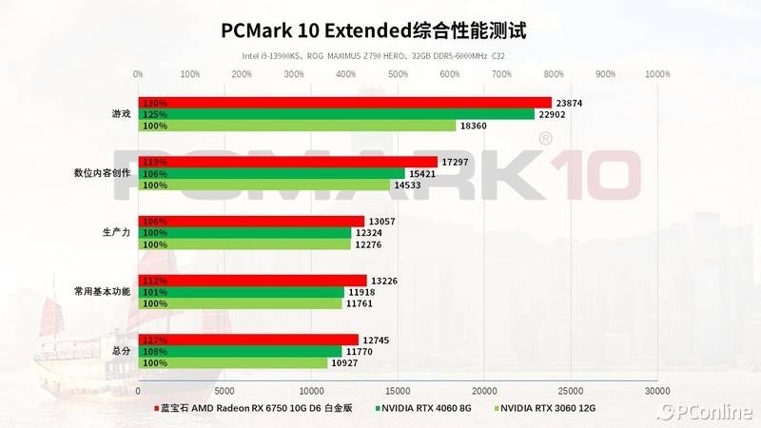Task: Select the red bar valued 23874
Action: click(x=344, y=103)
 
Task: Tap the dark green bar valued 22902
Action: click(x=336, y=114)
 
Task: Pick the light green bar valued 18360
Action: click(x=297, y=126)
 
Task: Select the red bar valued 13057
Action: click(x=251, y=222)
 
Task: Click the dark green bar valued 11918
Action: click(x=241, y=292)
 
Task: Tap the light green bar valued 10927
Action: click(x=232, y=362)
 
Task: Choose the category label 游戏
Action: click(x=121, y=114)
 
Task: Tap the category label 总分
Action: click(x=121, y=350)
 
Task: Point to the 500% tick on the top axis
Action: click(x=398, y=73)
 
